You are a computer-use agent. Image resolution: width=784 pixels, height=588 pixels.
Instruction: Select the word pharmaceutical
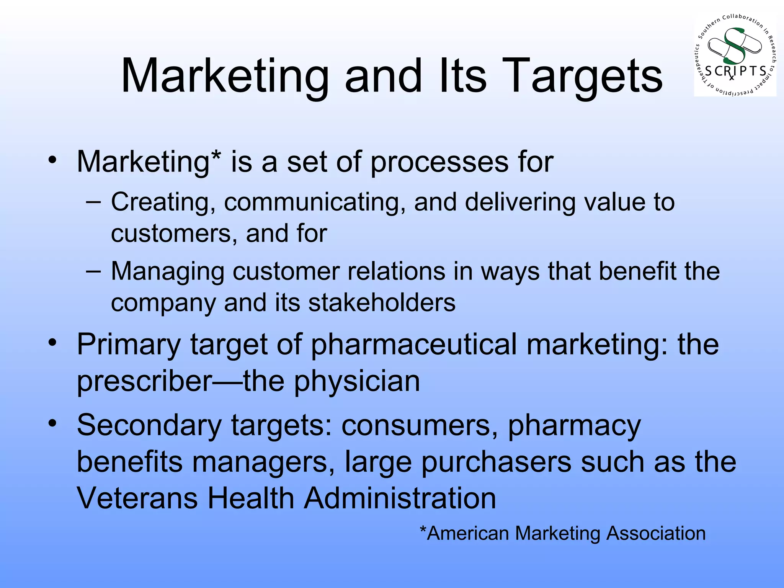tap(413, 345)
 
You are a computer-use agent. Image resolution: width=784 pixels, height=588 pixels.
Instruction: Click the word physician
tap(357, 382)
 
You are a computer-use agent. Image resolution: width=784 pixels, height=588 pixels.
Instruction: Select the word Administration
tap(400, 498)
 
